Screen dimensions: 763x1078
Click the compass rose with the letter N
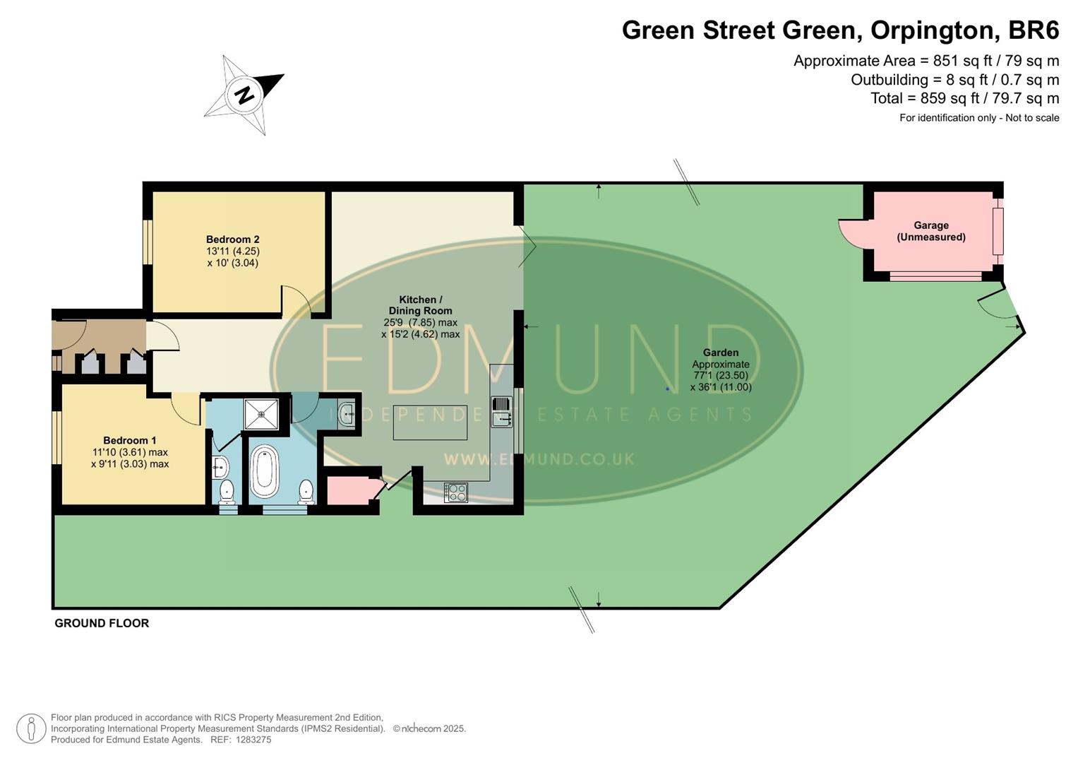click(x=244, y=95)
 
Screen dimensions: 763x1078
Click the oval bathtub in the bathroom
click(x=265, y=471)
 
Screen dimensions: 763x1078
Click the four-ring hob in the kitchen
click(x=456, y=492)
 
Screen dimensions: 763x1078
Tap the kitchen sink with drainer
click(x=501, y=411)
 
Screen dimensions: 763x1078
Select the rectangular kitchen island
click(x=430, y=422)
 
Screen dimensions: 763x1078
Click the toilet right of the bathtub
click(x=306, y=491)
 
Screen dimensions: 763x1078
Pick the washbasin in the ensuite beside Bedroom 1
click(x=220, y=466)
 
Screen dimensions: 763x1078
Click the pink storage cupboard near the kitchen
click(x=348, y=490)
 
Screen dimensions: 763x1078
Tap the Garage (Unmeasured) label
click(x=930, y=231)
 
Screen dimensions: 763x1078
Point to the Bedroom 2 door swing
click(x=296, y=300)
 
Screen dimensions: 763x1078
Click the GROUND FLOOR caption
click(x=102, y=623)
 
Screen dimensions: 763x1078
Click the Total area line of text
click(x=964, y=98)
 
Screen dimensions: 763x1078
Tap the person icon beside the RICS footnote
click(x=31, y=728)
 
